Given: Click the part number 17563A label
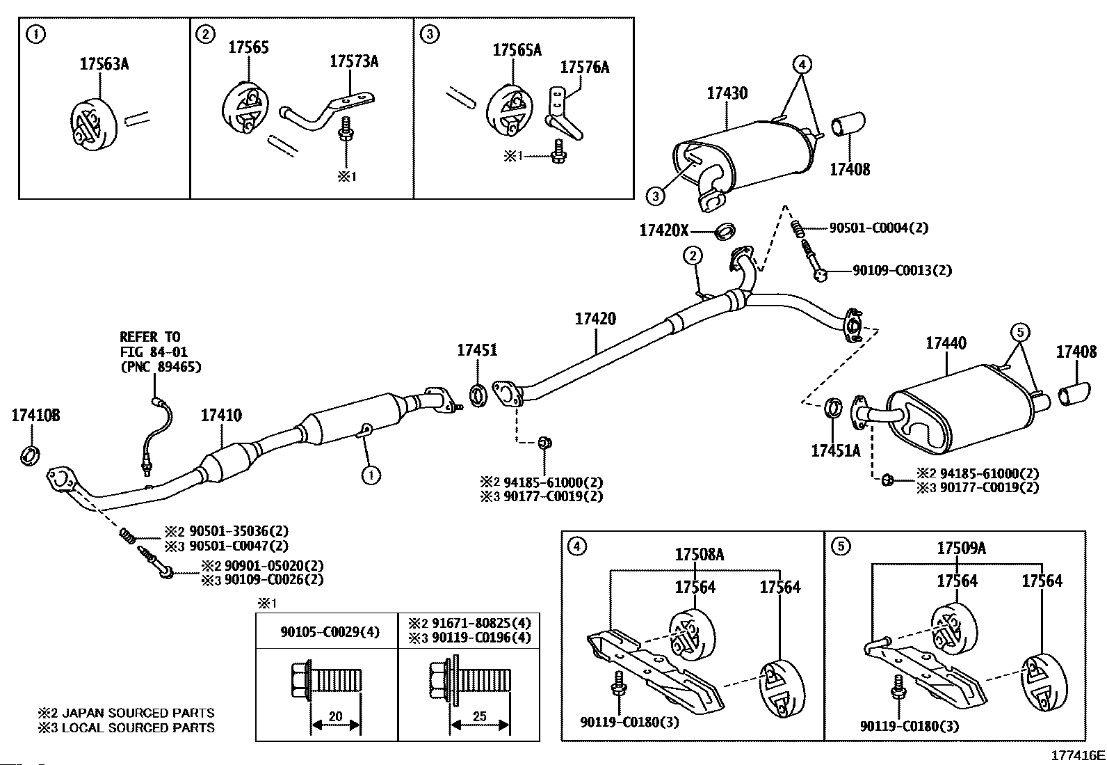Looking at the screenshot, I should [x=104, y=64].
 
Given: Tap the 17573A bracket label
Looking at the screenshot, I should [x=353, y=61].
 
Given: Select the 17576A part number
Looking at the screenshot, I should [x=584, y=68].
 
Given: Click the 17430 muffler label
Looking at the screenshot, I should [x=727, y=93].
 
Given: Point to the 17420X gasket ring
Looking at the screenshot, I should [x=725, y=229].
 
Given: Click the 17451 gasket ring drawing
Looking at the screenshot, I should [x=478, y=395].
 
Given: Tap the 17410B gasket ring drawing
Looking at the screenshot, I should [x=29, y=456].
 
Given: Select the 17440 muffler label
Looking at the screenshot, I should [x=946, y=343].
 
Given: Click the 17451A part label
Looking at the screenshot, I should [x=835, y=450].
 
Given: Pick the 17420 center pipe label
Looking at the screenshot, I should [x=595, y=320].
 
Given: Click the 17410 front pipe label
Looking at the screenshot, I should [x=221, y=416].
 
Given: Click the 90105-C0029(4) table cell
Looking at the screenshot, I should [x=326, y=631].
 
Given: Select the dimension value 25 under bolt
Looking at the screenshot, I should [x=480, y=716].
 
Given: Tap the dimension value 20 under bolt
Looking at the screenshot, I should [x=336, y=716].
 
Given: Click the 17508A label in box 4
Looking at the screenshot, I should [x=700, y=554].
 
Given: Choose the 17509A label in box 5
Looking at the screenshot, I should [x=961, y=549].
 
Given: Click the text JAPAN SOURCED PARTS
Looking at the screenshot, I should [x=138, y=713].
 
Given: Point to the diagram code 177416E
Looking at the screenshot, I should [x=1077, y=755].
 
